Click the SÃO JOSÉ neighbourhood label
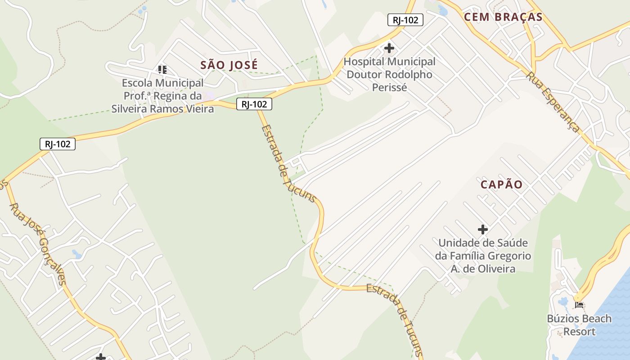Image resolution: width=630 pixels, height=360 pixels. click(229, 65)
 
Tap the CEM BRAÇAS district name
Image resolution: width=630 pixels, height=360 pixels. click(503, 17)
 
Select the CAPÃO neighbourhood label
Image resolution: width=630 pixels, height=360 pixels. click(501, 184)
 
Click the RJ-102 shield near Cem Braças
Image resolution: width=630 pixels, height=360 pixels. click(405, 20)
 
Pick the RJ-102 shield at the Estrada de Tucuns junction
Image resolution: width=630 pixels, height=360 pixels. click(254, 104)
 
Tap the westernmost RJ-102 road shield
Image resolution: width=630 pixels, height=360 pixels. click(57, 144)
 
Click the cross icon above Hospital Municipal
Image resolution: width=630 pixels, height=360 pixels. click(389, 48)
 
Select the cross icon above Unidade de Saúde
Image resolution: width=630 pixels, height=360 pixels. click(483, 229)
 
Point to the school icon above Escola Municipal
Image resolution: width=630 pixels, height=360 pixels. click(162, 69)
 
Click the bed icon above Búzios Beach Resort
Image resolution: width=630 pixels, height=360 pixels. click(579, 305)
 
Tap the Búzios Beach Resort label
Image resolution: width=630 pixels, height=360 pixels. click(579, 325)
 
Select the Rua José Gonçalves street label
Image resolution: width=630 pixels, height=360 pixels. click(38, 243)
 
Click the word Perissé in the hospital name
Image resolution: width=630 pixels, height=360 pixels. click(389, 87)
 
